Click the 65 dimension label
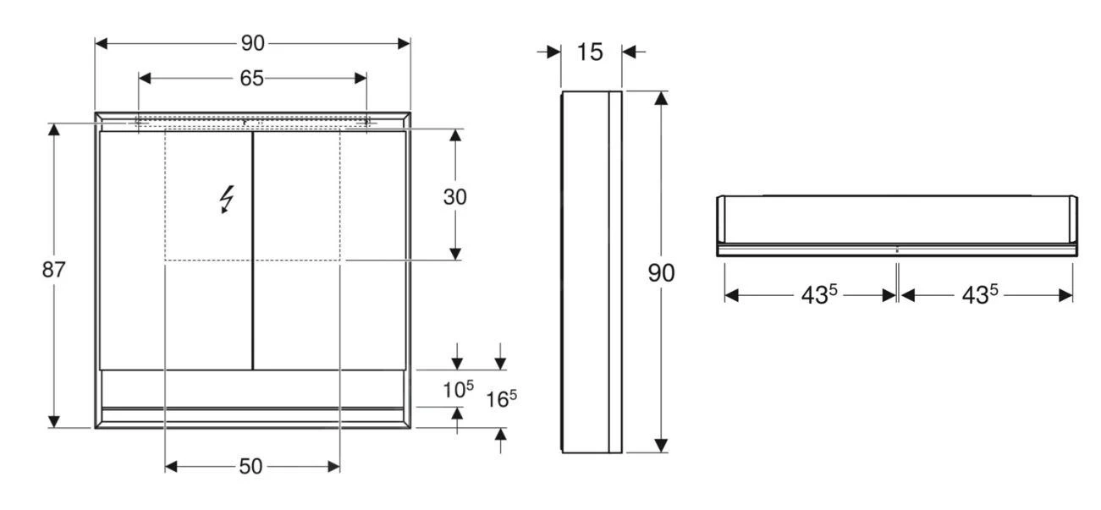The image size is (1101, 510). click(252, 79)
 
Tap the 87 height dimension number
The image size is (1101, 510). click(54, 271)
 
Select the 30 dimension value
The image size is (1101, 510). click(455, 197)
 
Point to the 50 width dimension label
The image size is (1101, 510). click(251, 467)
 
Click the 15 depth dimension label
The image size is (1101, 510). click(590, 52)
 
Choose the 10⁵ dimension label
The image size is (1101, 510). click(459, 390)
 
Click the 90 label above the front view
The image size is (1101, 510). click(252, 43)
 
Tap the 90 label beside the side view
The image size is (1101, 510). click(662, 272)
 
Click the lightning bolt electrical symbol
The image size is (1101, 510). click(226, 199)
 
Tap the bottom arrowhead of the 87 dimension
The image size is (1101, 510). click(54, 420)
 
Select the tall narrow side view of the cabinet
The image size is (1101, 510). click(592, 271)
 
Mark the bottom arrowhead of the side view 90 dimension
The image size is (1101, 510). click(662, 446)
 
